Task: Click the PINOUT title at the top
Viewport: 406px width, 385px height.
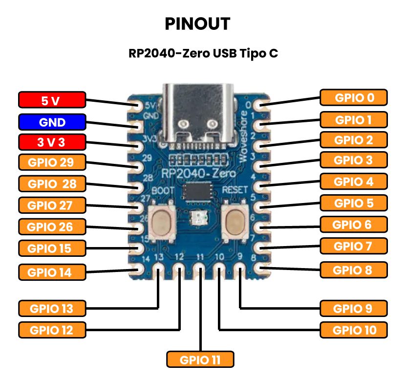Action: [197, 24]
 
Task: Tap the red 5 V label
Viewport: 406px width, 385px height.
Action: [51, 101]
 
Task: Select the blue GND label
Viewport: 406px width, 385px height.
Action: [51, 122]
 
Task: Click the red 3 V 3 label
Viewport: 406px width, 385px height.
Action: [51, 143]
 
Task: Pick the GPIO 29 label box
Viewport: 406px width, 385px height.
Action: [51, 163]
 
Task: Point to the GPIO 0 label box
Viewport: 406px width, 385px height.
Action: [354, 97]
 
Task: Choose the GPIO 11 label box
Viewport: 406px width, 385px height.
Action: [200, 360]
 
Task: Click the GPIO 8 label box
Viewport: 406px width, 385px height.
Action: [354, 270]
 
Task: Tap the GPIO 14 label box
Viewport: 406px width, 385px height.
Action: [51, 272]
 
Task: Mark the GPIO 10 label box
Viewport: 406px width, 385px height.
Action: [354, 329]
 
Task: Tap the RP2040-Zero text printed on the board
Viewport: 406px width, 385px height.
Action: [199, 173]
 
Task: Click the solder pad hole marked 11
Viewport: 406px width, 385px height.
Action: [199, 269]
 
